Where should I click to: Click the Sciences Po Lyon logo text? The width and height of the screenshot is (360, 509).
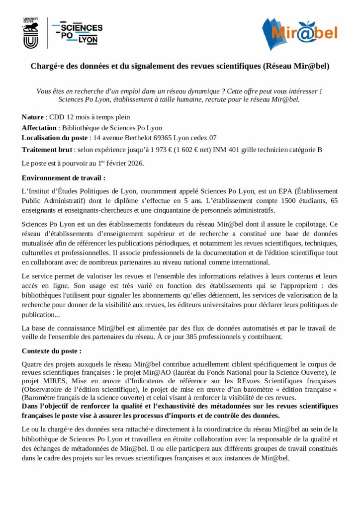80,33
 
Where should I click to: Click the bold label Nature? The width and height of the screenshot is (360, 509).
33,117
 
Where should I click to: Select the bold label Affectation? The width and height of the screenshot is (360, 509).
42,128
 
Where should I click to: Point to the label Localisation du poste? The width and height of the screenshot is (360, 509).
55,138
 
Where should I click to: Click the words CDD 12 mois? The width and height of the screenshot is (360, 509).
67,117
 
